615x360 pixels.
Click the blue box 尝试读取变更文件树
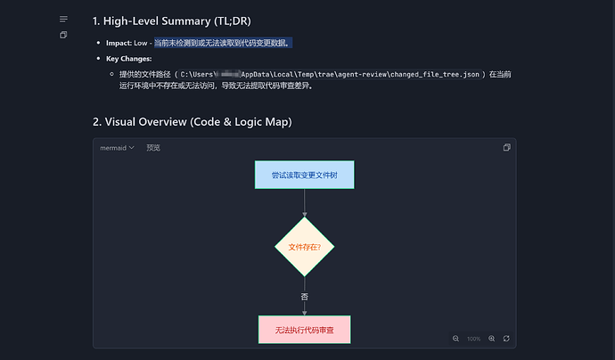[x=304, y=175]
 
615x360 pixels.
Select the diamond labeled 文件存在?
[x=304, y=246]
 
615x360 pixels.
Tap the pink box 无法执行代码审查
[x=304, y=329]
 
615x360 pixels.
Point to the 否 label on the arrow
[x=304, y=296]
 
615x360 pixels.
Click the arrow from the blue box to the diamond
[x=304, y=202]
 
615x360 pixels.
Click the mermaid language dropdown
[x=117, y=148]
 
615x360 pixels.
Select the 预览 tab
[x=153, y=148]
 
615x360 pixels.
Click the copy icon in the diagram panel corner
[x=506, y=148]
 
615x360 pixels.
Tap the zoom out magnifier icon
[x=456, y=339]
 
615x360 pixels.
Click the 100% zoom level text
[x=473, y=339]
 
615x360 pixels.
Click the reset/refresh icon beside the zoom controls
[x=506, y=339]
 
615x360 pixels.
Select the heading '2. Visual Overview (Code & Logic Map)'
[x=192, y=121]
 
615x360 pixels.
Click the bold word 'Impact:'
[x=119, y=43]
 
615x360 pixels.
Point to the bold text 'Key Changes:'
[x=129, y=58]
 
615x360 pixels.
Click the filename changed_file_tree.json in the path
[x=430, y=74]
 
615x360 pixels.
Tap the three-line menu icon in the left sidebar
[x=63, y=19]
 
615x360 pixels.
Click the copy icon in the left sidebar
[x=63, y=35]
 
